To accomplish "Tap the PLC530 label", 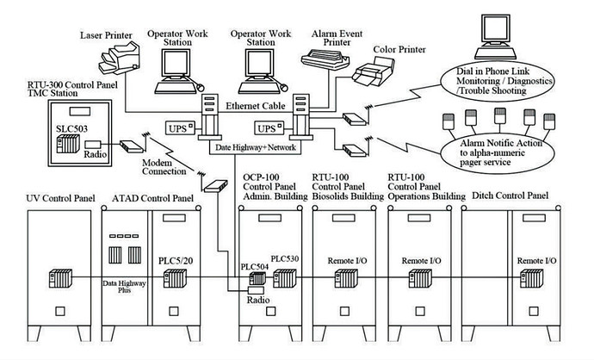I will point(284,258).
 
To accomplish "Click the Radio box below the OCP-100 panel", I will point(254,301).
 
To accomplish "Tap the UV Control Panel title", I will point(59,199).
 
